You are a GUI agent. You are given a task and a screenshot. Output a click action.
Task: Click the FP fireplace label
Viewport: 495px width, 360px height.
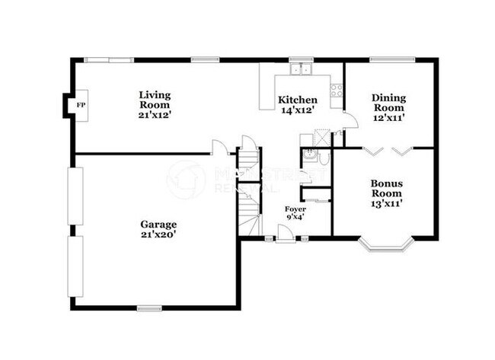pos(79,104)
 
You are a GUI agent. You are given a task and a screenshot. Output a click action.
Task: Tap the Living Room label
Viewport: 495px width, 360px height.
pos(155,100)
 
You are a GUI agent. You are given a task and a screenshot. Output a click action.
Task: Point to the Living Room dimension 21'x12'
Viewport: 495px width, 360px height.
pos(155,115)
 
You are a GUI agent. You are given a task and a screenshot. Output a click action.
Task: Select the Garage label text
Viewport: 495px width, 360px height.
pos(158,225)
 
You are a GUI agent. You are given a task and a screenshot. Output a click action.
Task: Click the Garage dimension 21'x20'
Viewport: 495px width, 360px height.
pos(158,235)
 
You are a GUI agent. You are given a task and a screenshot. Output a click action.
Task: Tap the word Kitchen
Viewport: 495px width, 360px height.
pos(297,100)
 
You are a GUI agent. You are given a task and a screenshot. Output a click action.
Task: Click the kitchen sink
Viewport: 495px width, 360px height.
pos(302,69)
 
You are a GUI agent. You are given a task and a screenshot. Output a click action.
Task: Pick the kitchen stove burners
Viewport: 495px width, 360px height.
pos(336,91)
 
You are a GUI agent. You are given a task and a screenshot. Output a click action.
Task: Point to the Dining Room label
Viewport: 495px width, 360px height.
pos(388,102)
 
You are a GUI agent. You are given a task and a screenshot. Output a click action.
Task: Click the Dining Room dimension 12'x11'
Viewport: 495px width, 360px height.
pos(388,118)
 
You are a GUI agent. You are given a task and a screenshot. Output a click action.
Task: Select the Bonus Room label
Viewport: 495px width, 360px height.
pos(387,189)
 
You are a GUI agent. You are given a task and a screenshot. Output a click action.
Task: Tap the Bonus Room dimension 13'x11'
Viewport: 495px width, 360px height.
pos(387,203)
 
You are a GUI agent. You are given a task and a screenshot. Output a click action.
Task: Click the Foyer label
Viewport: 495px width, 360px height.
pos(295,209)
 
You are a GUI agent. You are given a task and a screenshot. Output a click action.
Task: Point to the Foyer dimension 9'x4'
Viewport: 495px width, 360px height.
pos(295,218)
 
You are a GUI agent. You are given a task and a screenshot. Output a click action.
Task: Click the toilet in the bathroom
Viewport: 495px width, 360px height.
pos(324,159)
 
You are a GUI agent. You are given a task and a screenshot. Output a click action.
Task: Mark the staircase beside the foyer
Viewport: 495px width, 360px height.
pos(249,190)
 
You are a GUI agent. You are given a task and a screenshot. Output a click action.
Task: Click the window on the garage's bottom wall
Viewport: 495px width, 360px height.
pos(149,307)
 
